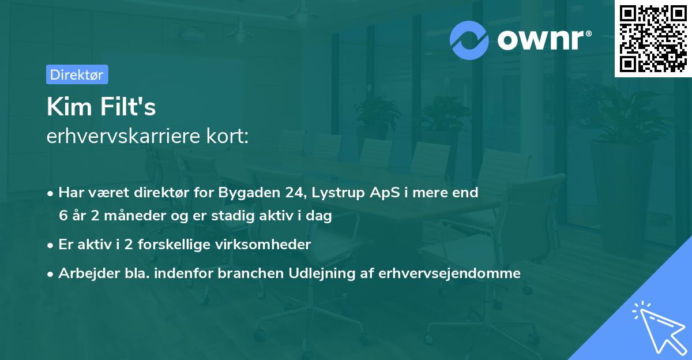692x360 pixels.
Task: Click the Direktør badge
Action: point(77,74)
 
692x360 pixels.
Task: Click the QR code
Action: point(653,39)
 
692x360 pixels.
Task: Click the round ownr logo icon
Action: point(469,40)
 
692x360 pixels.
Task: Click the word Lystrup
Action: point(335,193)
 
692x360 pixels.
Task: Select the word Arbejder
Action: point(84,273)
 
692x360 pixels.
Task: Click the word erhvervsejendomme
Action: point(450,273)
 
